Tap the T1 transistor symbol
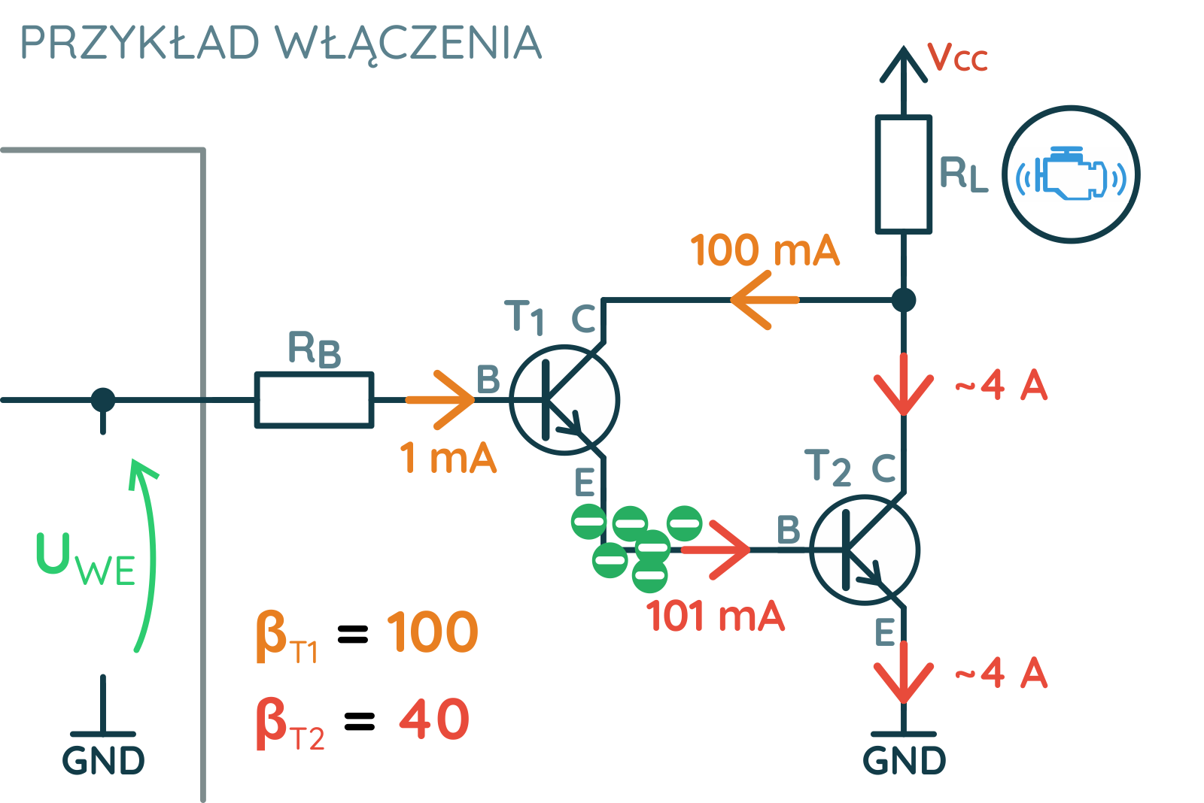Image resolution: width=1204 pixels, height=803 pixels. click(564, 400)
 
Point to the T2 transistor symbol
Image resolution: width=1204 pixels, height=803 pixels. click(865, 550)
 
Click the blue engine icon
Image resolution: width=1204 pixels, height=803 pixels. click(1071, 174)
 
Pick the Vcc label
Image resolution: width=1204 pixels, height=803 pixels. click(958, 56)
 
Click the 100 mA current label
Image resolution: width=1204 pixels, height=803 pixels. click(765, 250)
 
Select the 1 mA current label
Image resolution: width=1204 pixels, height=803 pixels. click(448, 458)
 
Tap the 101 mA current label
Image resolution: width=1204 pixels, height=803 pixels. click(716, 616)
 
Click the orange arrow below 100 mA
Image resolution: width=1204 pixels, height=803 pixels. click(765, 300)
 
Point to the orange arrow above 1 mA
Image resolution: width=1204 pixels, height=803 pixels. click(440, 399)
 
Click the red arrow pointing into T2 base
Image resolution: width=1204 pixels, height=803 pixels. click(716, 550)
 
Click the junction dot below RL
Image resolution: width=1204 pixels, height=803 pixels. click(904, 300)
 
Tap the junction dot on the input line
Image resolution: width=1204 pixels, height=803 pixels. click(103, 400)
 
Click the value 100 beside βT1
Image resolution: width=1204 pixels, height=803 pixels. click(433, 632)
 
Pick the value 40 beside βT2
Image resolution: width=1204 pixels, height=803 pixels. click(435, 719)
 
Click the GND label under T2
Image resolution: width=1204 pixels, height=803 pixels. click(904, 761)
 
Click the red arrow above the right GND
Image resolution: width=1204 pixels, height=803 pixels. click(904, 671)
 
